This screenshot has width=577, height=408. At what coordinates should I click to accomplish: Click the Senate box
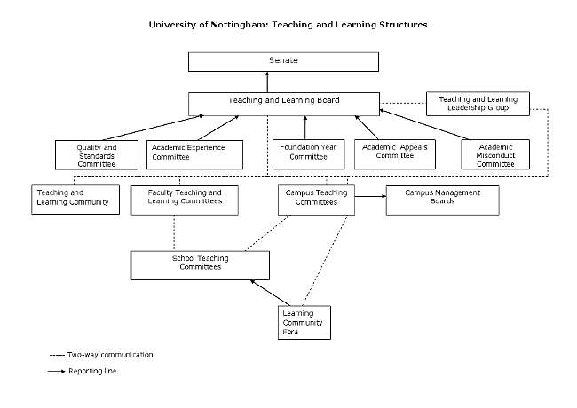click(283, 62)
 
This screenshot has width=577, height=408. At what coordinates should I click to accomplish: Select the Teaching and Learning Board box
click(283, 102)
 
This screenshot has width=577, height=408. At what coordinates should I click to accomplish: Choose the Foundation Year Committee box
click(305, 154)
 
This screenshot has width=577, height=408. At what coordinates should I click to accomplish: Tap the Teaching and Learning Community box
click(75, 199)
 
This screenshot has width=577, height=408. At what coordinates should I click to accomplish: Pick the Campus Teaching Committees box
click(317, 199)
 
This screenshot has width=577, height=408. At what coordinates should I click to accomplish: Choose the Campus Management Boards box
click(442, 199)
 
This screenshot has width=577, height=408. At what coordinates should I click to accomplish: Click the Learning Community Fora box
click(304, 321)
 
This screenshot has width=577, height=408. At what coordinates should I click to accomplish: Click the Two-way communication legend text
click(110, 355)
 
